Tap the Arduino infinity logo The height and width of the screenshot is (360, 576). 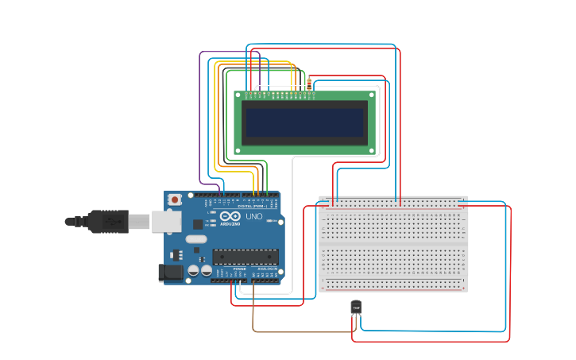(x=230, y=216)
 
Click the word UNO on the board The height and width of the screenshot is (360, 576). (x=253, y=217)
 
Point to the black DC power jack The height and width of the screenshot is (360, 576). (x=170, y=273)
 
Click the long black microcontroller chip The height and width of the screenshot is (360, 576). (x=245, y=256)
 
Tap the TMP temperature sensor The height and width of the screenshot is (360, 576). (x=356, y=307)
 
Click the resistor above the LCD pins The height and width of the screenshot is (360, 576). (x=309, y=83)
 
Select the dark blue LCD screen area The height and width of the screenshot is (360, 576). (x=304, y=122)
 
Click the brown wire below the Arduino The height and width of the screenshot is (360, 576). (x=302, y=331)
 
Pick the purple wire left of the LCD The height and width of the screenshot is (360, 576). (x=199, y=119)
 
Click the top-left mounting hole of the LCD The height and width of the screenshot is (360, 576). (x=239, y=95)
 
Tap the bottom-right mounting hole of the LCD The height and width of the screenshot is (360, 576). (x=373, y=149)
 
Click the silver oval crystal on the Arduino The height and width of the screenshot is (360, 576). (x=196, y=238)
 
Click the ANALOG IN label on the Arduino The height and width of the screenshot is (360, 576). (x=267, y=269)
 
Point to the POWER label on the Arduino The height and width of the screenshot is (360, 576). (x=240, y=269)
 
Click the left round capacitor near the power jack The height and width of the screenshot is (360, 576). (x=193, y=271)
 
